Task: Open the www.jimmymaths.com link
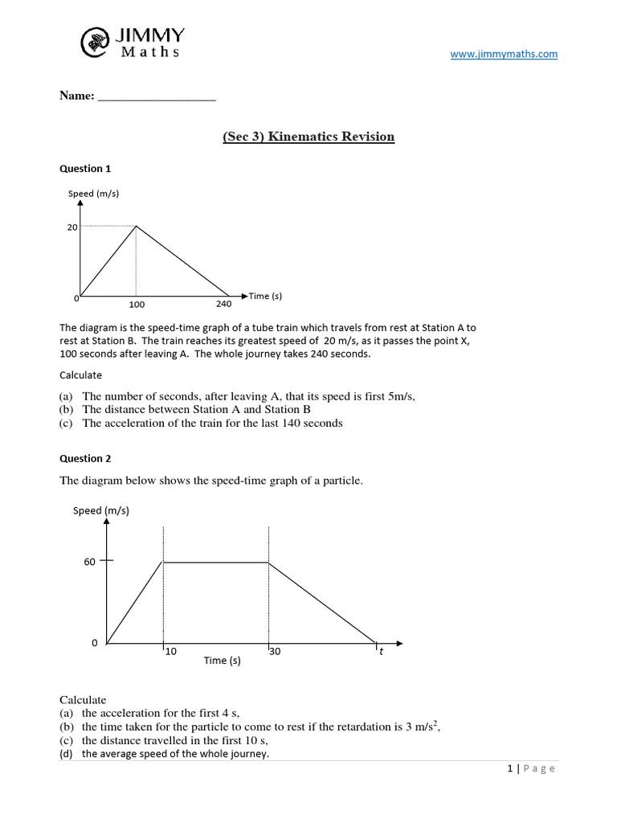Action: [504, 54]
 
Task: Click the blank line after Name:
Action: [157, 97]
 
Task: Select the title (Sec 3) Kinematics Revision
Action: [308, 137]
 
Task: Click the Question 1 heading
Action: [85, 169]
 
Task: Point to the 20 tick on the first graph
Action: [72, 227]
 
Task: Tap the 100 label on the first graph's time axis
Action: [137, 305]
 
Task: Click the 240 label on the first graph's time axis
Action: [223, 304]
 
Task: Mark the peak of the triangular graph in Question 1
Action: [136, 227]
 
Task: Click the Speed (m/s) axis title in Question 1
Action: [93, 194]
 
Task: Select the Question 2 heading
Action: [85, 459]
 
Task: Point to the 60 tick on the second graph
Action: [90, 562]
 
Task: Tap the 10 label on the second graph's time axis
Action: [170, 652]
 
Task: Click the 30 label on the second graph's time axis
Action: [275, 652]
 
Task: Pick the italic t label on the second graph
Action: [381, 652]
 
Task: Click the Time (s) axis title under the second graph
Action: [222, 661]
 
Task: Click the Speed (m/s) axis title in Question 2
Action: [101, 510]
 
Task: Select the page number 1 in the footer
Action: [510, 768]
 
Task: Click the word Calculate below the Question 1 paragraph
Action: [81, 375]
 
